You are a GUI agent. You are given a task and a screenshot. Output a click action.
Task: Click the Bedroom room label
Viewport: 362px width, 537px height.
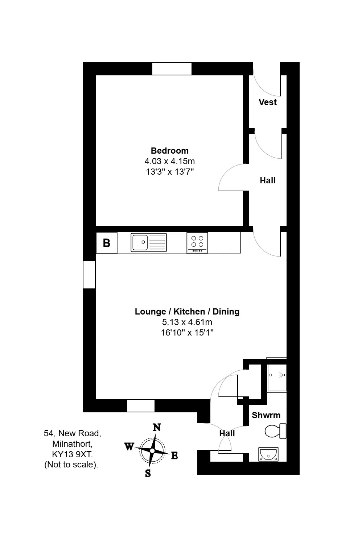pos(169,150)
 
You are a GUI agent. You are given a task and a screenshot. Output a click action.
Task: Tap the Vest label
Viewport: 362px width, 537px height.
pos(268,102)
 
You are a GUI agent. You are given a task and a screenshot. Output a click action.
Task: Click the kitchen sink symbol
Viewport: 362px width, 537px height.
pos(149,242)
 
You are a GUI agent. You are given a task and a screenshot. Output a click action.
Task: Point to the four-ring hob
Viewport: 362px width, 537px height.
pos(197,243)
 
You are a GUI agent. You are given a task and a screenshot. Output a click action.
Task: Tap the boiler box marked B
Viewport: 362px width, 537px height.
pos(107,243)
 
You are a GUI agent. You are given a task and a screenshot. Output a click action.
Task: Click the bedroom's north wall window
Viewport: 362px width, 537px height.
pos(172,69)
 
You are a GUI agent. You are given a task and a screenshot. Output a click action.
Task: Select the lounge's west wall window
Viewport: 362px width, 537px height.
pos(89,275)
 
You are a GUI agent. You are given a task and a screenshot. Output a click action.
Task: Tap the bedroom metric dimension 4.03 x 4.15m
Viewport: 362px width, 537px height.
pos(169,161)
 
